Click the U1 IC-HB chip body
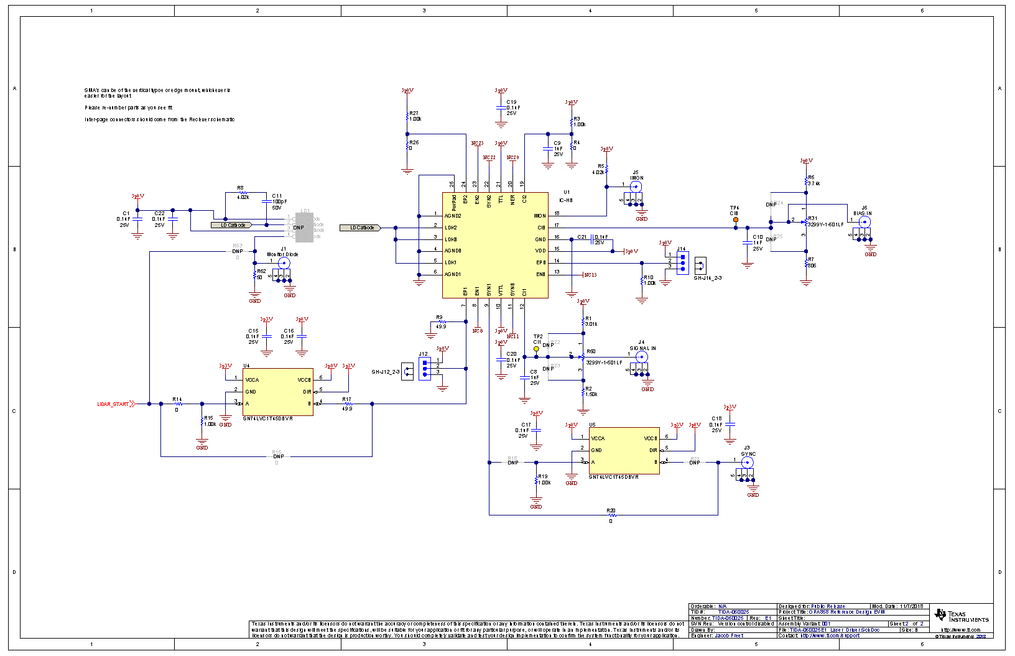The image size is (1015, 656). [x=495, y=245]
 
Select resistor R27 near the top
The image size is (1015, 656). [x=407, y=116]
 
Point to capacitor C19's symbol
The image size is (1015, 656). [x=501, y=108]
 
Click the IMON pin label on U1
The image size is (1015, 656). [x=539, y=216]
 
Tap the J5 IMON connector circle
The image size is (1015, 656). [x=636, y=186]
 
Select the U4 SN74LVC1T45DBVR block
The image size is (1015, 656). [x=277, y=392]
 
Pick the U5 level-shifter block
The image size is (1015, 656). [x=624, y=450]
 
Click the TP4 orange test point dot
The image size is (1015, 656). [x=736, y=219]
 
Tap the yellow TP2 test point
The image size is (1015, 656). [x=536, y=349]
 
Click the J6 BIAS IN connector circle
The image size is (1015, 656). [x=864, y=221]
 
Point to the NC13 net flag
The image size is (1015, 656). [x=590, y=275]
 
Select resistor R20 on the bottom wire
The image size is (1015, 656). [x=611, y=515]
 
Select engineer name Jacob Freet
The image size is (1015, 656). [x=729, y=635]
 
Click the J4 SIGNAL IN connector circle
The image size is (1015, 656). [x=641, y=357]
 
